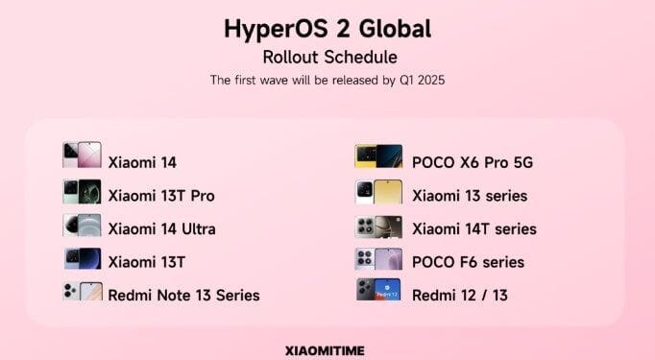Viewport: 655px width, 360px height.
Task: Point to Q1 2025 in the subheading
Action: tap(418, 80)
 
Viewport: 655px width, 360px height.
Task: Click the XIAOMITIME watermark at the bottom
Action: tap(326, 350)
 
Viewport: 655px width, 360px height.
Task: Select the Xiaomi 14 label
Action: tap(142, 162)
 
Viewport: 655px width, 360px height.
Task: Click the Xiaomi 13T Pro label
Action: tap(161, 196)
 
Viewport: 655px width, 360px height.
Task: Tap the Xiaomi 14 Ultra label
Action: tap(161, 228)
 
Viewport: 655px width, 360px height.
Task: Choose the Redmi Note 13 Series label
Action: tap(183, 294)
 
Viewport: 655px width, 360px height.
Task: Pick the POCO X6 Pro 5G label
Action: tap(473, 162)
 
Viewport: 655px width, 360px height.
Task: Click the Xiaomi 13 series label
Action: tap(470, 196)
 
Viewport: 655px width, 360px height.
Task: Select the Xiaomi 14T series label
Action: tap(474, 228)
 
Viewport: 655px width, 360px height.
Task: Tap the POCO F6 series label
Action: tap(469, 262)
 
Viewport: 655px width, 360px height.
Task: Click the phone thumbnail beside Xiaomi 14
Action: tap(82, 156)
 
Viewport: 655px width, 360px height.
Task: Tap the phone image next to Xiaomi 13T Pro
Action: tap(82, 192)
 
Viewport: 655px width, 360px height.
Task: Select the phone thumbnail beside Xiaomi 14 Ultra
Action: tap(82, 226)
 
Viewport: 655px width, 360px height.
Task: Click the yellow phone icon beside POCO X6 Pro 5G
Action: tap(378, 156)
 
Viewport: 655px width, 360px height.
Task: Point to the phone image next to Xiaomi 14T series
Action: tap(378, 227)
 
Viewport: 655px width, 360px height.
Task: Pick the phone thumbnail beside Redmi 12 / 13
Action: tap(378, 290)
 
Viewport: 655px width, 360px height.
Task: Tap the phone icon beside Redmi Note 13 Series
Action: tap(82, 291)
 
